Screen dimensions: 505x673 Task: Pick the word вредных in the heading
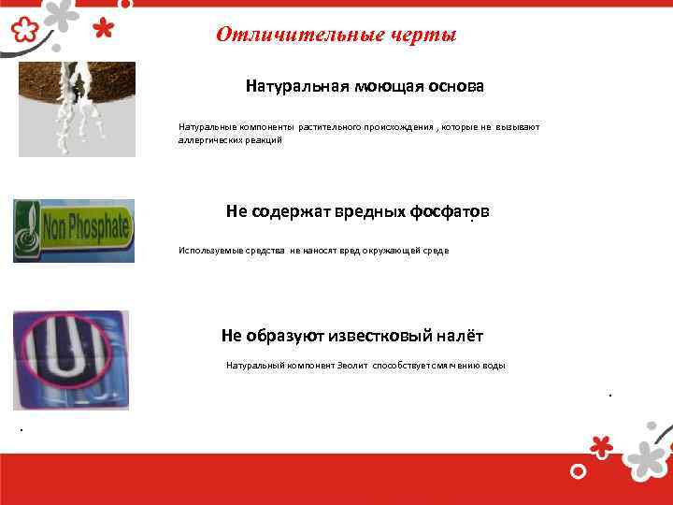369,211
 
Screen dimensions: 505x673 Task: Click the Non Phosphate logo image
73,230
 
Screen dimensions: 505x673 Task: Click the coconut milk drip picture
77,108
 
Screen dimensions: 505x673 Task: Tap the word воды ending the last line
494,366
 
